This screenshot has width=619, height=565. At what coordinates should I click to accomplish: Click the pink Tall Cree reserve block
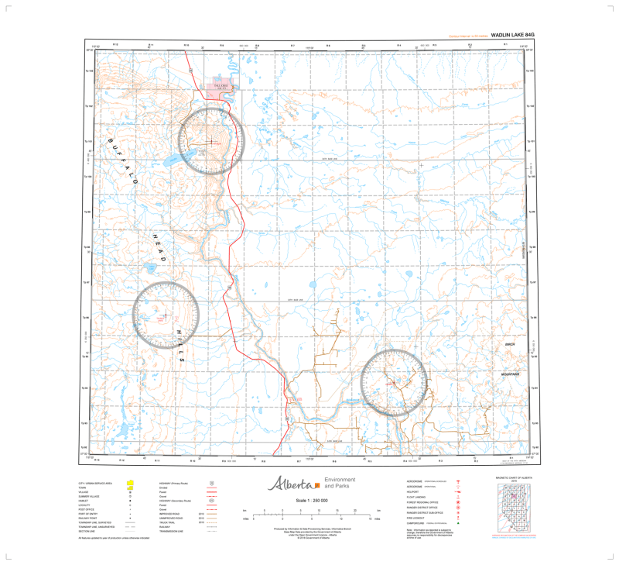[x=222, y=88]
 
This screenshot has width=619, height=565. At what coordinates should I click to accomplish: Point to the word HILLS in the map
[x=180, y=346]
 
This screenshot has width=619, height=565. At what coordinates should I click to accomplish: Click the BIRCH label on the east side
[x=509, y=343]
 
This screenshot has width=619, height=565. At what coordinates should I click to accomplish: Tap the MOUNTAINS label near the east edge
[x=512, y=374]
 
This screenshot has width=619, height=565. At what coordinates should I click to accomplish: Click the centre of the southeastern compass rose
[x=394, y=382]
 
